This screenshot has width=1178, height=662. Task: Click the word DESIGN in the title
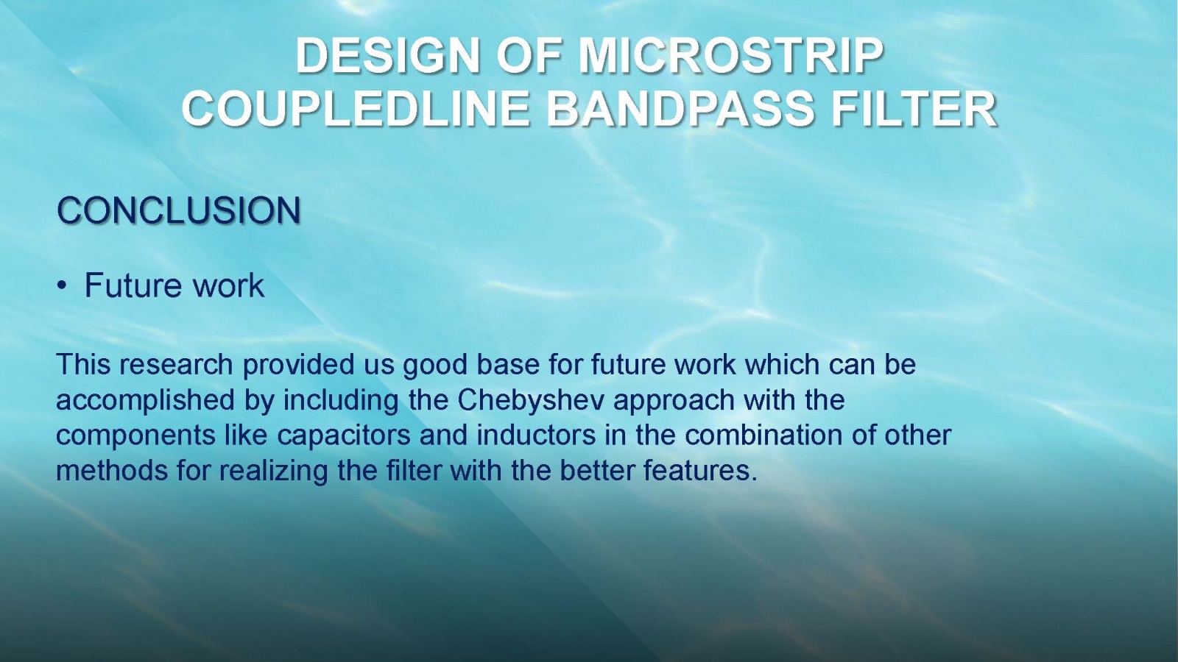point(387,56)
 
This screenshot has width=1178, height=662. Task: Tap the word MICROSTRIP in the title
point(731,56)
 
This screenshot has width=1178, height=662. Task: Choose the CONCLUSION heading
point(179,210)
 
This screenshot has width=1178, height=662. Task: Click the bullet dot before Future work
point(63,286)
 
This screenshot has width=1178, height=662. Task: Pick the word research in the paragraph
point(176,365)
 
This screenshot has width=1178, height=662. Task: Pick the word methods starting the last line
point(111,471)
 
